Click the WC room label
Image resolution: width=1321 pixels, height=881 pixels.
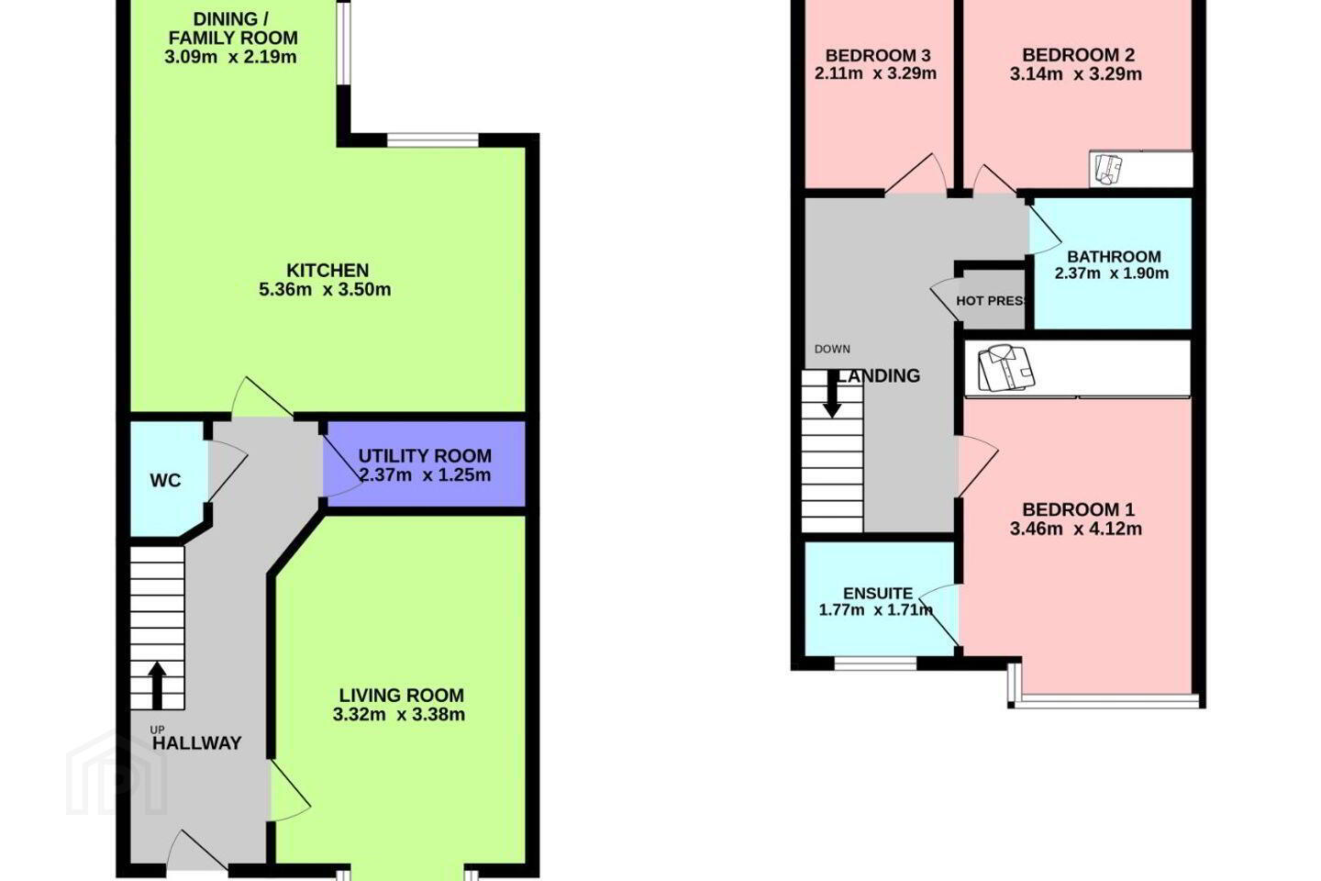pos(165,481)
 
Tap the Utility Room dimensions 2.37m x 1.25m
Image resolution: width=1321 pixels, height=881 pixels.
pos(425,475)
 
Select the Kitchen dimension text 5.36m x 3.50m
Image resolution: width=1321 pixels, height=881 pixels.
pos(325,290)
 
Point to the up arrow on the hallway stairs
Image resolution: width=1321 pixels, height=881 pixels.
pos(157,686)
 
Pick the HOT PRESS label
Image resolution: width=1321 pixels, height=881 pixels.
pos(991,301)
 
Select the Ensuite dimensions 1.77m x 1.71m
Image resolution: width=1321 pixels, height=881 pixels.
pos(876,610)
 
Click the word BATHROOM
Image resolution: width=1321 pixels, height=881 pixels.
pos(1114,257)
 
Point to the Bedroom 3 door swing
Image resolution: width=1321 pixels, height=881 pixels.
pos(916,174)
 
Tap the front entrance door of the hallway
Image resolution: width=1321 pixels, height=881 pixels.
pos(197,851)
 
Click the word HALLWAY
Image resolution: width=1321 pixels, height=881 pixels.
pos(197,743)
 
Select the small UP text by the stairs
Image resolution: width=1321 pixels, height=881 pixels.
pos(157,730)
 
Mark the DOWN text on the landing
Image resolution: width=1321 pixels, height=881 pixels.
pos(832,350)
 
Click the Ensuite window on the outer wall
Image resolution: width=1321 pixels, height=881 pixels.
pos(876,664)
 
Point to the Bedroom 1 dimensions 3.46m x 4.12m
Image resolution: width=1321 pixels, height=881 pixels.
pos(1076,529)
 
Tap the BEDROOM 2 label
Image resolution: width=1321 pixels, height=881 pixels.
pos(1078,55)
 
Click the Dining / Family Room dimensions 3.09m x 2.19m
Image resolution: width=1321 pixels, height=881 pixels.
pos(230,57)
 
